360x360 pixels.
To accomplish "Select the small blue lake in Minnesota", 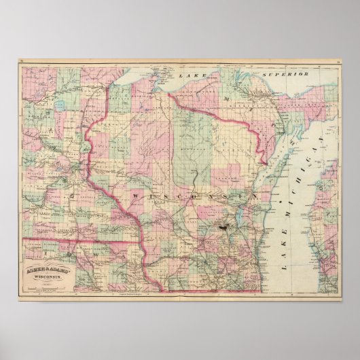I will coord(60,105).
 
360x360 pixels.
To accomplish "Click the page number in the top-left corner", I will coord(22,64).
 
